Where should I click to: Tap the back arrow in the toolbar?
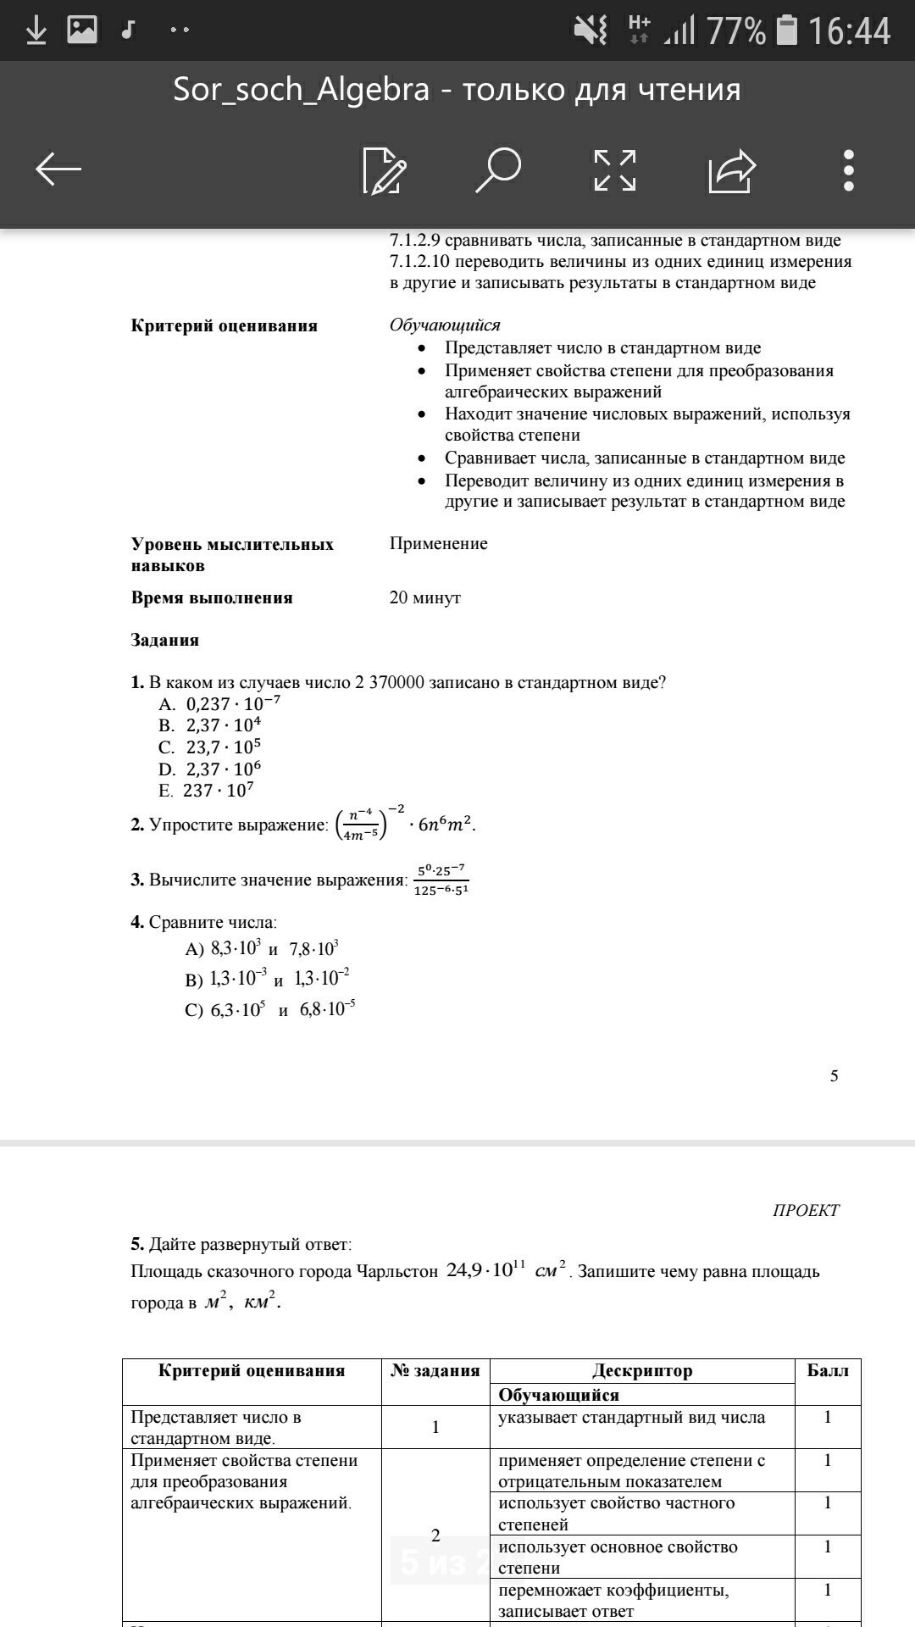[58, 169]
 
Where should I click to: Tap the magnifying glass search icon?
[498, 169]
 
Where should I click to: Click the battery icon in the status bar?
[787, 31]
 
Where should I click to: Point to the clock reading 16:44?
[849, 31]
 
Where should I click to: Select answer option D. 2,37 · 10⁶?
[210, 769]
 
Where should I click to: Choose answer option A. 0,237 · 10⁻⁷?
[219, 703]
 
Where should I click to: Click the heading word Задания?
[165, 640]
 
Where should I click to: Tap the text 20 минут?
[425, 597]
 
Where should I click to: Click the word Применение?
[439, 543]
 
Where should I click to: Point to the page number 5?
[834, 1075]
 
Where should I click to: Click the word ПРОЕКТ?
[806, 1210]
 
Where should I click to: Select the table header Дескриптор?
[642, 1370]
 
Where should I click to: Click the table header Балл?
[828, 1370]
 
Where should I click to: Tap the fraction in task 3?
[441, 880]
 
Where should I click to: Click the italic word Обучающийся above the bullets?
[445, 325]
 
